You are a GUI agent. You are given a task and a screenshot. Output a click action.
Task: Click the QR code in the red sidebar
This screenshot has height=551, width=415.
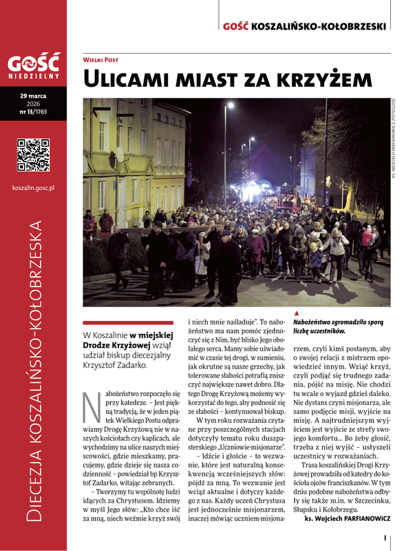33,154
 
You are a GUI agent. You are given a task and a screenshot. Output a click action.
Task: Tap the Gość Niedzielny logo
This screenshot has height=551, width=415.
34,65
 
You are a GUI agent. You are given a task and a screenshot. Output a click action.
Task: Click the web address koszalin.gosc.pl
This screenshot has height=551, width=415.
33,187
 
